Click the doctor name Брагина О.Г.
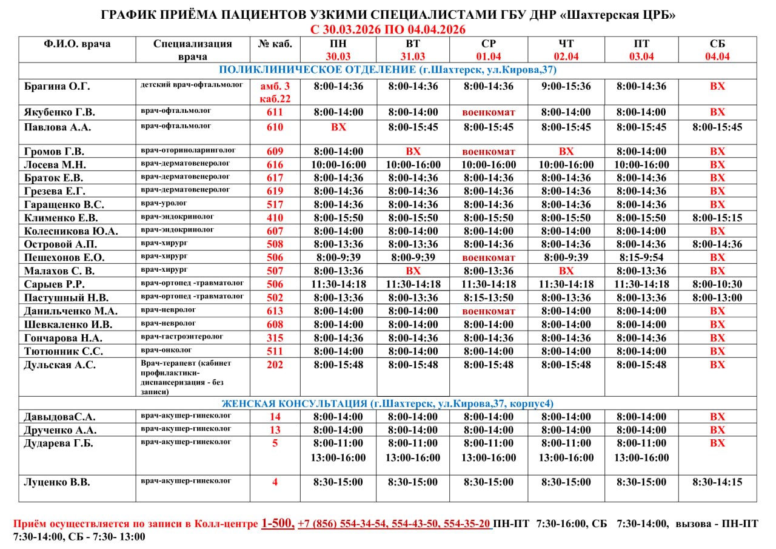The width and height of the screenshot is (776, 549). pyautogui.click(x=57, y=86)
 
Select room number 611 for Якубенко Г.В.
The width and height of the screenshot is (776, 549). pyautogui.click(x=275, y=112)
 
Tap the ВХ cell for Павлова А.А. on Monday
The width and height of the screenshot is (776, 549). pyautogui.click(x=338, y=127)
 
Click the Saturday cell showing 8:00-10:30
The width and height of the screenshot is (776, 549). pyautogui.click(x=717, y=284)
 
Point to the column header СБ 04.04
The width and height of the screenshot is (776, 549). pyautogui.click(x=717, y=50)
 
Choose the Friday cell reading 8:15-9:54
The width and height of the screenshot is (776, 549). pyautogui.click(x=641, y=257)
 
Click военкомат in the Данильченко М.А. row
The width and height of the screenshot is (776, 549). pyautogui.click(x=489, y=311)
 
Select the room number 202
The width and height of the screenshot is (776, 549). pyautogui.click(x=275, y=365)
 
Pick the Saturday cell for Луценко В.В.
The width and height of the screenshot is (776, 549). pyautogui.click(x=717, y=482)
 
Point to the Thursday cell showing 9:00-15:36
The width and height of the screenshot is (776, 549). pyautogui.click(x=566, y=86)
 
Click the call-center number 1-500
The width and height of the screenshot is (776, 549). pyautogui.click(x=278, y=524)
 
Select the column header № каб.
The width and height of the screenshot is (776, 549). pyautogui.click(x=275, y=43)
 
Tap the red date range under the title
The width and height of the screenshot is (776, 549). pyautogui.click(x=387, y=29)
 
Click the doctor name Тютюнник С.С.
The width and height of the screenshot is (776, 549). pyautogui.click(x=64, y=351)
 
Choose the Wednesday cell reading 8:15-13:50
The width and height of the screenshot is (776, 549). pyautogui.click(x=489, y=297)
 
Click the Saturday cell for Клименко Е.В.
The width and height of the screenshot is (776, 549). pyautogui.click(x=717, y=218)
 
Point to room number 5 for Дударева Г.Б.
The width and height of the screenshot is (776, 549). pyautogui.click(x=275, y=443)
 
